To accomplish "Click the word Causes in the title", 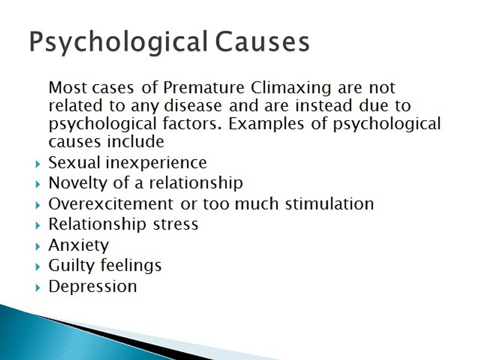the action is point(262,41).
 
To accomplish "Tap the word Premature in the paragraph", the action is point(203,87).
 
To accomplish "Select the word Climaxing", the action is point(291,88).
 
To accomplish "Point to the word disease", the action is point(193,105).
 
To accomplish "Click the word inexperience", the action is point(156,163).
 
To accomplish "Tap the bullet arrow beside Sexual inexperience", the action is point(38,164).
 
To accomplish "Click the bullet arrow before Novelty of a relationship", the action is point(38,184).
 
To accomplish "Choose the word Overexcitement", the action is point(111,204).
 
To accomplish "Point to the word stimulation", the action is point(329,204).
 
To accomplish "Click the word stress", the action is point(175,224).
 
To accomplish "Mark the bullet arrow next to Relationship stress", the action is point(38,226).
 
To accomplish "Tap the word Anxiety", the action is point(78,245).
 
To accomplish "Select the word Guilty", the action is point(71,265).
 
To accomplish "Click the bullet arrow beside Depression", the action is point(38,288).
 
